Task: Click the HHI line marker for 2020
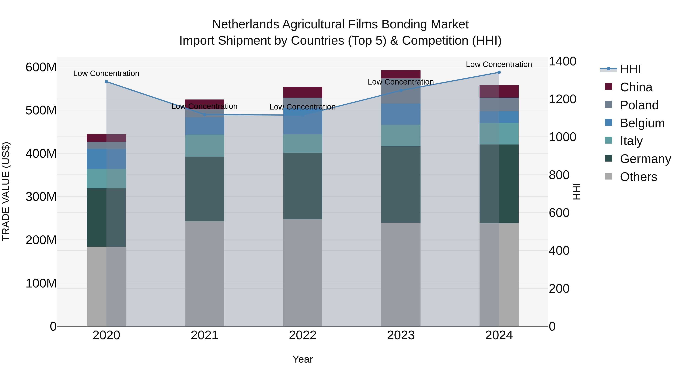pos(106,82)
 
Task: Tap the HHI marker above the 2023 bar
pos(401,90)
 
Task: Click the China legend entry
pos(636,87)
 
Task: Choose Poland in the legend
pos(639,105)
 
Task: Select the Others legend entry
pos(638,177)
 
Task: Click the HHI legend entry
pos(630,69)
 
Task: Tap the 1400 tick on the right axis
pos(562,61)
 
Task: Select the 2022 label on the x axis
pos(303,335)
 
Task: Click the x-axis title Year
pos(303,359)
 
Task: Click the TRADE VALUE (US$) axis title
pos(6,191)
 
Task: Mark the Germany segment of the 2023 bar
pos(401,184)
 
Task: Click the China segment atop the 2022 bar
pos(303,92)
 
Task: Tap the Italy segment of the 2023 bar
pos(401,135)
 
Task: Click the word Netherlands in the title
pos(245,24)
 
